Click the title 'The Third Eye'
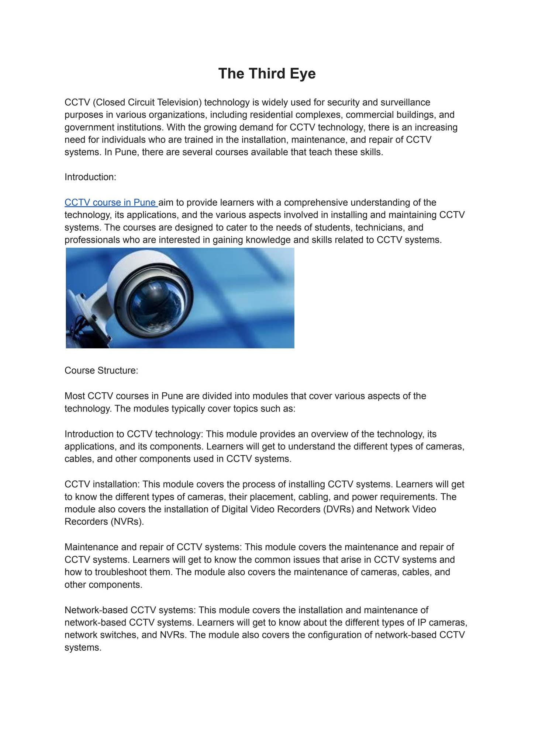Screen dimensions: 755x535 click(267, 73)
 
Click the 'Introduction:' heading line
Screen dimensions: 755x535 click(90, 177)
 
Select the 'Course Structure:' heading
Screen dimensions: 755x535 click(101, 370)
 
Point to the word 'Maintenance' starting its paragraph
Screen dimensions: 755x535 click(90, 547)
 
